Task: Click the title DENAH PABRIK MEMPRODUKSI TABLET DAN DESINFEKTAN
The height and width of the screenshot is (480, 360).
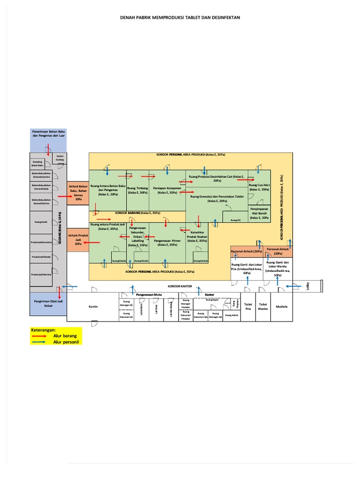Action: coord(180,18)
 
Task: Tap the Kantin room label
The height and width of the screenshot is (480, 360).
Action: coord(92,307)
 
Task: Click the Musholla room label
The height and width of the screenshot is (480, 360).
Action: coord(282,307)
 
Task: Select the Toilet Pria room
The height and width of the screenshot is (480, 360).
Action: coord(248,307)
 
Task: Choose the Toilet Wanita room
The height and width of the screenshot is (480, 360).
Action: coord(263,307)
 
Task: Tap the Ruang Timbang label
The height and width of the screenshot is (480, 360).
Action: coord(138,190)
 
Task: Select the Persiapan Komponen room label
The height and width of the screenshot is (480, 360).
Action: coord(167,190)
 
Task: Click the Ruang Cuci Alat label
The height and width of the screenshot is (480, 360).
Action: coord(259,187)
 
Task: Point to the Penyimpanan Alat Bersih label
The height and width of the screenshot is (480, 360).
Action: coord(259,213)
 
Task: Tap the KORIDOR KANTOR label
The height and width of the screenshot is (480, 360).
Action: coord(180,285)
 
